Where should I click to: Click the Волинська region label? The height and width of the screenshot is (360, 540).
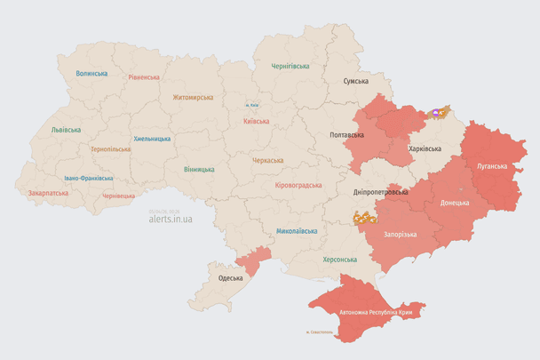(91, 74)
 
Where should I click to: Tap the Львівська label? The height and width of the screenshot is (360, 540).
(66, 130)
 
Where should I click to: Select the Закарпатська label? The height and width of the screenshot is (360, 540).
(48, 192)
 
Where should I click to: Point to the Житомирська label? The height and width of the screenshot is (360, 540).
(193, 97)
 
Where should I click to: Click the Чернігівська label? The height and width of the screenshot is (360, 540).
(290, 67)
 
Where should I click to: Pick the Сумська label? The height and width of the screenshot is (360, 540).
(356, 81)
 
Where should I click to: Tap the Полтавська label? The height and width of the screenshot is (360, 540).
(346, 135)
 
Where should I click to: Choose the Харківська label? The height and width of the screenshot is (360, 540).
(425, 148)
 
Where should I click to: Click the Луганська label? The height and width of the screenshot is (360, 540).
(492, 166)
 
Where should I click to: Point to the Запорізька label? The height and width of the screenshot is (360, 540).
(401, 233)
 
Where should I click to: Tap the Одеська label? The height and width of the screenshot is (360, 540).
(231, 278)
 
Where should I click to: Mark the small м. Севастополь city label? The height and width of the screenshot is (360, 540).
(319, 332)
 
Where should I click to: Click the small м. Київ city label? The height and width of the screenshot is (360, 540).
(253, 106)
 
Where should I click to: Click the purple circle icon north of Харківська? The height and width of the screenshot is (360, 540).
(435, 114)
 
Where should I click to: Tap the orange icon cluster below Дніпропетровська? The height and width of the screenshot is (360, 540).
(364, 217)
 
